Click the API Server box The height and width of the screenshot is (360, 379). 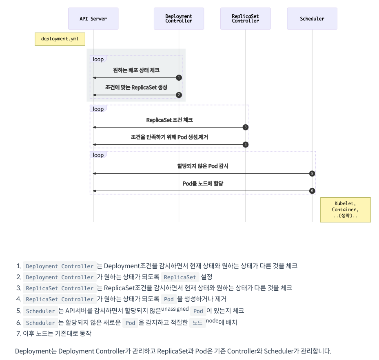point(93,19)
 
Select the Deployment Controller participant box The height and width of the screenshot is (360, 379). point(179,19)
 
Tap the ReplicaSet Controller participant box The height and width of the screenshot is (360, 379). point(245,19)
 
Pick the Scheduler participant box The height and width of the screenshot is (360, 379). point(312,19)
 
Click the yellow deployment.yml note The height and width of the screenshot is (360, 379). point(60,39)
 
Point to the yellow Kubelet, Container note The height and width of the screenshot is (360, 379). point(345,210)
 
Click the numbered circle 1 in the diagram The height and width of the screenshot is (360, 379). point(179,77)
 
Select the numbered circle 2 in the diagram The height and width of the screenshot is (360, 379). point(179,95)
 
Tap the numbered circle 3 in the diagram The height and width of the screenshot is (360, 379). point(245,127)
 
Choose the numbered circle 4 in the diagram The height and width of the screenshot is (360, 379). point(245,144)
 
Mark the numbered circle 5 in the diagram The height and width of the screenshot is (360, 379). point(312,174)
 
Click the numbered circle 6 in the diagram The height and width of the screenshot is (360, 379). point(312,191)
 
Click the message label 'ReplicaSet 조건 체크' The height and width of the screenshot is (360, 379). point(169,120)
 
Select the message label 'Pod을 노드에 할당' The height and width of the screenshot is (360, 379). point(203,184)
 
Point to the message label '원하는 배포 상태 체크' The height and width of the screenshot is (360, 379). point(136,71)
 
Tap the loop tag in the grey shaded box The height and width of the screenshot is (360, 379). point(98,60)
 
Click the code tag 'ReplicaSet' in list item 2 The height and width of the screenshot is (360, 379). point(180,277)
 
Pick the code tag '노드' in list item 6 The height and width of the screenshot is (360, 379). point(197,323)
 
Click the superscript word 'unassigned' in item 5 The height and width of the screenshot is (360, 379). point(175,309)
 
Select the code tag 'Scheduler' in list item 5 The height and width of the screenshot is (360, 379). point(40,311)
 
